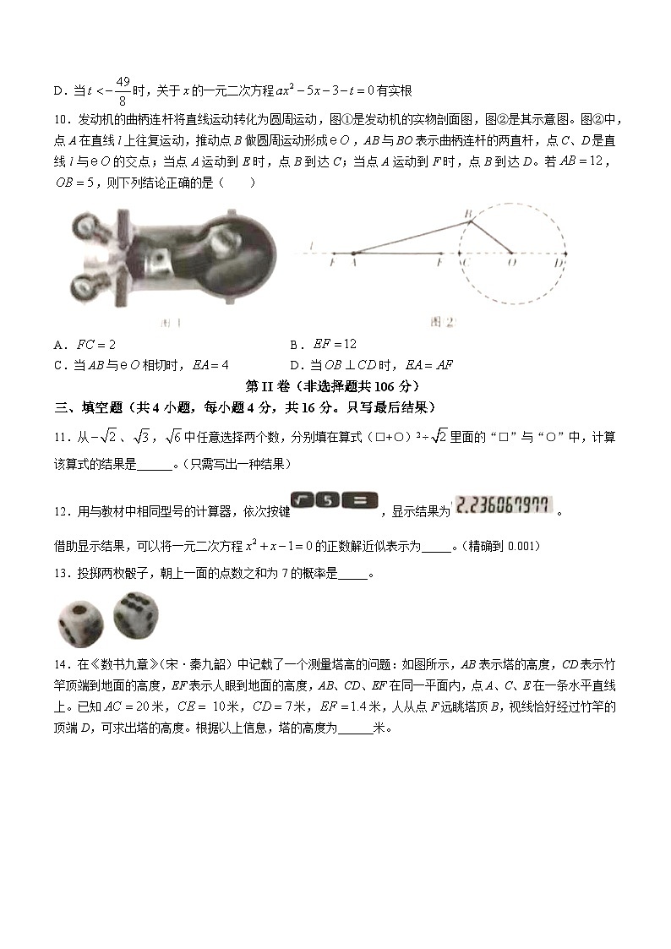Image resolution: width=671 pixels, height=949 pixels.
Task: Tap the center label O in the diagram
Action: point(512,264)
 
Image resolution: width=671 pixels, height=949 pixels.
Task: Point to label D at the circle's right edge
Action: point(559,264)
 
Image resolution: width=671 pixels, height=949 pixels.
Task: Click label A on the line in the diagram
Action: point(353,264)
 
